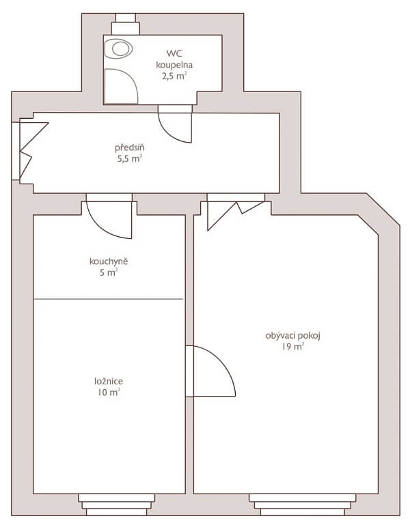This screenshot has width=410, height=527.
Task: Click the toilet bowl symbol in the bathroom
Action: click(120, 48)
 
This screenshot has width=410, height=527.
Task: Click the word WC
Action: click(174, 53)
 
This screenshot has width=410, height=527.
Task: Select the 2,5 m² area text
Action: click(174, 76)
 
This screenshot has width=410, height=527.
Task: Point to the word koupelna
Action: click(174, 64)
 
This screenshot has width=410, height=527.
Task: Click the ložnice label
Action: click(109, 381)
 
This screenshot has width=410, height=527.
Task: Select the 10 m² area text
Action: click(109, 393)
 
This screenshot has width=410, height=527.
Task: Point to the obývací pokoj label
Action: click(293, 335)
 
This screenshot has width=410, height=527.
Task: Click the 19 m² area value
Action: click(293, 347)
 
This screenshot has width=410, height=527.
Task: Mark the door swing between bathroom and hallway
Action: click(174, 124)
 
